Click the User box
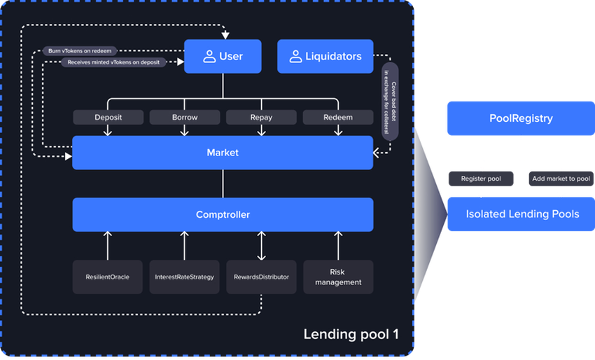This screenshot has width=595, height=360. point(223,57)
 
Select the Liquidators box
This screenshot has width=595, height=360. point(325,57)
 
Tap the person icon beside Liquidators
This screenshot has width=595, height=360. point(295,57)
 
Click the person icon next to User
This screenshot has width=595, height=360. point(209,57)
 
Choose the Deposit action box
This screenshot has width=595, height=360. point(108,118)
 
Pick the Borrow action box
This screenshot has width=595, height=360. point(184,118)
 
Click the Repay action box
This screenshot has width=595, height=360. point(261,118)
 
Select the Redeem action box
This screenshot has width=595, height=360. point(338,118)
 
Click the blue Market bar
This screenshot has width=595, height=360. point(223,153)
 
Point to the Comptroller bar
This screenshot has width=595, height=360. point(223,214)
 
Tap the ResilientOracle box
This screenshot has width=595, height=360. point(108,277)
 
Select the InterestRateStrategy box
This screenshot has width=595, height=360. point(184,277)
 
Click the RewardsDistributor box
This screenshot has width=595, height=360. point(261,277)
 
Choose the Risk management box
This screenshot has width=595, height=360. point(338,277)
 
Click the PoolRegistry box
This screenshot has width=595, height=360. point(520,118)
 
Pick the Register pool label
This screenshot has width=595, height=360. point(480,179)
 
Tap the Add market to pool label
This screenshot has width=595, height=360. point(560,179)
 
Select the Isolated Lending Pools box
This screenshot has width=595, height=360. point(520,214)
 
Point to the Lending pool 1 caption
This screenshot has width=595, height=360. point(351,334)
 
